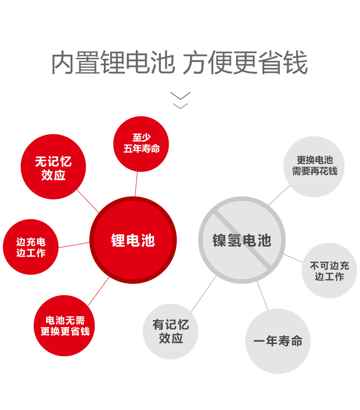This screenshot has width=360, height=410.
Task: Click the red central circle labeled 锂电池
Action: pos(133,240)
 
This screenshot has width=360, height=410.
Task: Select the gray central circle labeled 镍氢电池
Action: pos(242,240)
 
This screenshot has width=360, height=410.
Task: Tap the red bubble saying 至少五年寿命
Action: pos(141,143)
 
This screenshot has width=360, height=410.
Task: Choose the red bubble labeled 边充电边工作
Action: pos(31,247)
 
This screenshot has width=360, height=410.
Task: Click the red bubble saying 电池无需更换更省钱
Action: pos(65,326)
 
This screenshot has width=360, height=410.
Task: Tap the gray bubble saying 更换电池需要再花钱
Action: pos(314,166)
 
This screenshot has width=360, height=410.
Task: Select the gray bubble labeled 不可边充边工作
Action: pos(329,271)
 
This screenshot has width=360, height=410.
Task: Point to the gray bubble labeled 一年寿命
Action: pos(278,341)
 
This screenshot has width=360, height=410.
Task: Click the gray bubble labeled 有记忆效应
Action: pos(170,331)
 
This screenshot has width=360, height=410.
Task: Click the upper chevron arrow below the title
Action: pos(180,96)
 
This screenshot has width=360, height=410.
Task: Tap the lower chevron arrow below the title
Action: pos(180,106)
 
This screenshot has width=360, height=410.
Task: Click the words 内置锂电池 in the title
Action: pos(113,63)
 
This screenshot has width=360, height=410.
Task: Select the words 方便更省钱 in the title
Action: pos(245,63)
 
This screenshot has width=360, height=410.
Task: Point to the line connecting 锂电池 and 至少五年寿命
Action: pos(136,184)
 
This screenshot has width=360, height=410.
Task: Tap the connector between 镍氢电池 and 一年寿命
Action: pos(262,296)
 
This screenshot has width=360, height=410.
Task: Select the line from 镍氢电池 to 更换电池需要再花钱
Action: pos(279,195)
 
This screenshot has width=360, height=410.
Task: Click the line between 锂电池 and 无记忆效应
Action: pos(88,201)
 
